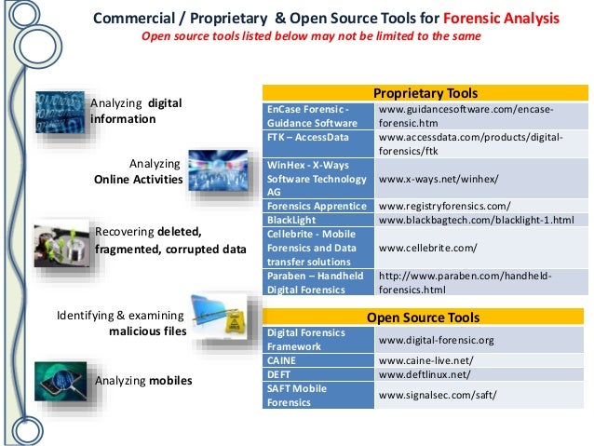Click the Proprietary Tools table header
[x=425, y=93]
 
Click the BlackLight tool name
[x=291, y=221]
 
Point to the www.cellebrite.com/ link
[x=427, y=249]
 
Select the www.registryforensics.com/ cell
[x=445, y=205]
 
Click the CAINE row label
[x=283, y=359]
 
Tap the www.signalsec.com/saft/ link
[x=438, y=395]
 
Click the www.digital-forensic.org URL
[x=436, y=340]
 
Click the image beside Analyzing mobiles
[x=61, y=378]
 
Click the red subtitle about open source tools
[x=310, y=36]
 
